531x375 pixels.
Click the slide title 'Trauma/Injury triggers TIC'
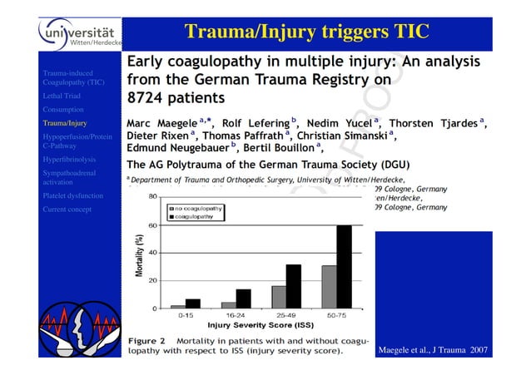tap(306, 32)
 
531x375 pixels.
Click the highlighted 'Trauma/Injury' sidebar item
tap(67, 122)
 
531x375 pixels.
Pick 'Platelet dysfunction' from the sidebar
tap(73, 195)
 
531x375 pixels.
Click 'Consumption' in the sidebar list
tap(64, 109)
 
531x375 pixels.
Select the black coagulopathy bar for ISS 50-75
tap(344, 266)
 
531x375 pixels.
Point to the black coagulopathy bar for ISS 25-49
tap(293, 286)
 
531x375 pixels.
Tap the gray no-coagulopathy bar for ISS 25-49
tap(279, 297)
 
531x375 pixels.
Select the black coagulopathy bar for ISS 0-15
tap(193, 303)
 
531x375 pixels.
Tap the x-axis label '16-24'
tap(236, 315)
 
